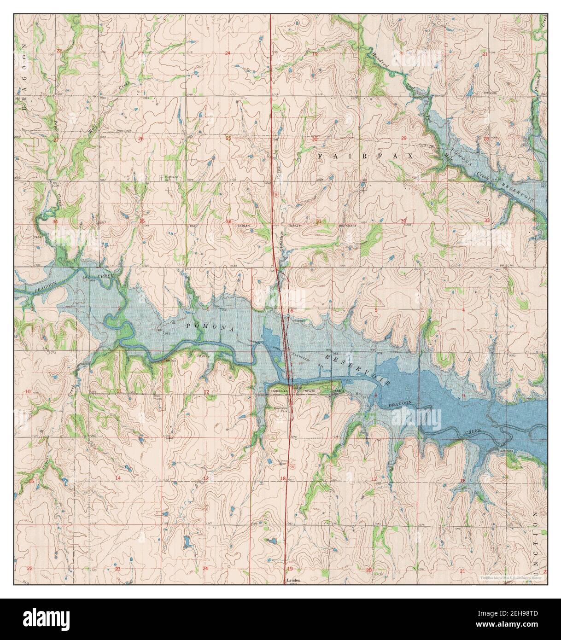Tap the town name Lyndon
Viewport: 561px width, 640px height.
pos(293,581)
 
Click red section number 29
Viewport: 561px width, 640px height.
pos(403,139)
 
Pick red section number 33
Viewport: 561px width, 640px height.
pos(487,221)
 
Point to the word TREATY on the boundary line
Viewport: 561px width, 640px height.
pos(295,226)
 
